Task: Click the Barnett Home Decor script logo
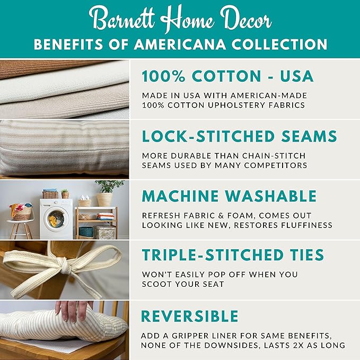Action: click(x=180, y=20)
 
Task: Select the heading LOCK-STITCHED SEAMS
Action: click(x=239, y=136)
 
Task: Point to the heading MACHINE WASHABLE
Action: click(x=229, y=196)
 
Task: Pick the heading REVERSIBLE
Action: click(x=189, y=316)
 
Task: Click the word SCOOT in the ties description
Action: click(x=157, y=284)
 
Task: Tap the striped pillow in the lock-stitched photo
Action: click(x=64, y=148)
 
